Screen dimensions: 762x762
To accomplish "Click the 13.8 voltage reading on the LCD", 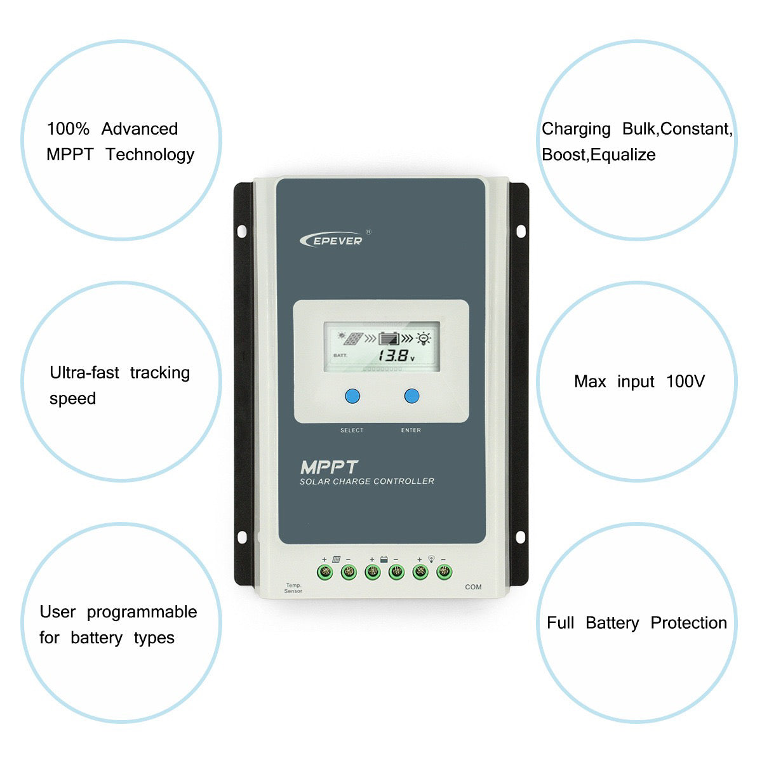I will (394, 356).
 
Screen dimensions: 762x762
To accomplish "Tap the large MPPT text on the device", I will (329, 467).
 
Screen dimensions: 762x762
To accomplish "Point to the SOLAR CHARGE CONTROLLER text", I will (367, 481).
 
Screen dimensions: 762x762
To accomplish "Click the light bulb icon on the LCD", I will (423, 338).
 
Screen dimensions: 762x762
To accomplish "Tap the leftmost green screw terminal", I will (325, 572).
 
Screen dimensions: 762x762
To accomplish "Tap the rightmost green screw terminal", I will (444, 572).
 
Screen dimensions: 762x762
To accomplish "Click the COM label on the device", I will (473, 587).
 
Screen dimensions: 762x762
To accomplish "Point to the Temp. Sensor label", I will (293, 588).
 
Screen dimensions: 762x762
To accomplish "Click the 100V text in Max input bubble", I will (685, 382).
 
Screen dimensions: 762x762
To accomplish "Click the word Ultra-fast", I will (84, 373).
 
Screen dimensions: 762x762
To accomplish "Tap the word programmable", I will (142, 612).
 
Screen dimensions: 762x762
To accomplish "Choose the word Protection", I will (688, 623).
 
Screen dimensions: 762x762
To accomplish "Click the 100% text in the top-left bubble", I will (68, 129).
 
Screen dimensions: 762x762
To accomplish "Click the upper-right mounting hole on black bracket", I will (521, 231).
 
